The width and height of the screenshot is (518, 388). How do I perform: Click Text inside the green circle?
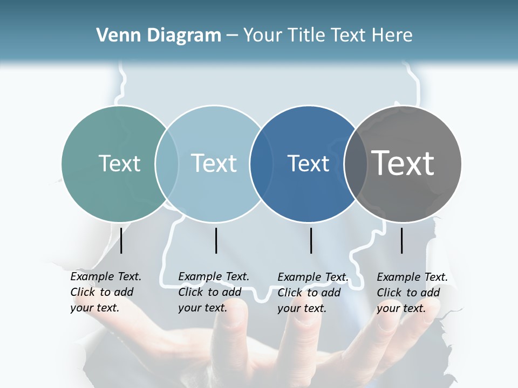click(x=119, y=163)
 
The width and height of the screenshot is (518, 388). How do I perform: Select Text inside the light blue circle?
click(x=214, y=163)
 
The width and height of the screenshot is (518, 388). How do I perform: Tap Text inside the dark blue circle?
click(x=308, y=163)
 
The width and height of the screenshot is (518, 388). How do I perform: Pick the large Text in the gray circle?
click(x=403, y=163)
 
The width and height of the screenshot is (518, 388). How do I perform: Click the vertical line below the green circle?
click(x=121, y=240)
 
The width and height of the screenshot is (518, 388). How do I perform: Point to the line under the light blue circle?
click(x=216, y=240)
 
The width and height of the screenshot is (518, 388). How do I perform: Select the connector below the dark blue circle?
click(x=311, y=240)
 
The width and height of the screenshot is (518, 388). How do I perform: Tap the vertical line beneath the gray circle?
click(x=402, y=240)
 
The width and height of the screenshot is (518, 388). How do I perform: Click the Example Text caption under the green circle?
click(x=106, y=292)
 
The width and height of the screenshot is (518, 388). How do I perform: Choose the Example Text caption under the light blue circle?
click(x=214, y=292)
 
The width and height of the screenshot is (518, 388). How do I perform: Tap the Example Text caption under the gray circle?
click(x=412, y=293)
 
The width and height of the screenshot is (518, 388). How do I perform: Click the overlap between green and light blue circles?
click(x=167, y=163)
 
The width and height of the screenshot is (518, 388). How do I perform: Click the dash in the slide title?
click(x=232, y=36)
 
